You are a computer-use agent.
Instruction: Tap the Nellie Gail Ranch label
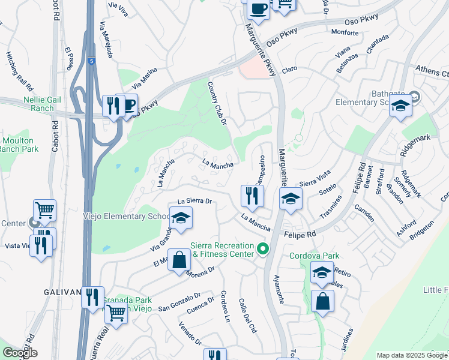pos(30,104)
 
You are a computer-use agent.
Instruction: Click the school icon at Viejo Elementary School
pos(180,219)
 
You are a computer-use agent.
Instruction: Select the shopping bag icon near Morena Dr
pos(179,261)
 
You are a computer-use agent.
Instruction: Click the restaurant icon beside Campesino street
pos(252,196)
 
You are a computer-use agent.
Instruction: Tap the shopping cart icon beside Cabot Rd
pos(44,210)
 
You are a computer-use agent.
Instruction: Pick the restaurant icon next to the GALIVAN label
pos(92,298)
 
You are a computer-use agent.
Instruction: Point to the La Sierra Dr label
pos(196,201)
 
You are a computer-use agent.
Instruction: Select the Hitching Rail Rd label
pos(16,66)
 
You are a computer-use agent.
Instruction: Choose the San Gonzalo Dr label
pos(178,302)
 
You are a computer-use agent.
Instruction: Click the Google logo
pos(19,353)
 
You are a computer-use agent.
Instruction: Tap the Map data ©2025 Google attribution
pos(411,355)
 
